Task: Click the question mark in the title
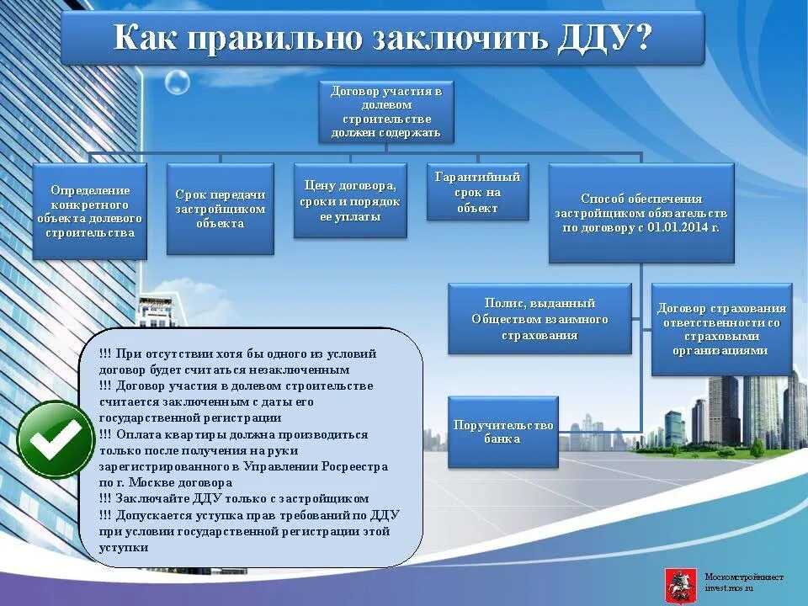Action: [x=644, y=39]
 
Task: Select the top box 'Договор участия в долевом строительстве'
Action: [x=385, y=111]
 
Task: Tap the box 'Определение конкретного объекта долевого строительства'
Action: [x=90, y=210]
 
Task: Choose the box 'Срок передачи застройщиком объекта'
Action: [x=221, y=209]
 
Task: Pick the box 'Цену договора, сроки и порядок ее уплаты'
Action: [x=350, y=200]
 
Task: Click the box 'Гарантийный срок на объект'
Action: [x=477, y=193]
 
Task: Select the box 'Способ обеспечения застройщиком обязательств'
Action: [x=641, y=212]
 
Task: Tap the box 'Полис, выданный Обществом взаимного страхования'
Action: [x=540, y=318]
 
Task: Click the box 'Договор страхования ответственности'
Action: [x=721, y=328]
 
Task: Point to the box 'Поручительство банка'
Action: [x=502, y=432]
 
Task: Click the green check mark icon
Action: [x=56, y=439]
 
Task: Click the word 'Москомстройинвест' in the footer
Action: [x=744, y=577]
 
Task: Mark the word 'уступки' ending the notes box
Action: [x=124, y=547]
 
